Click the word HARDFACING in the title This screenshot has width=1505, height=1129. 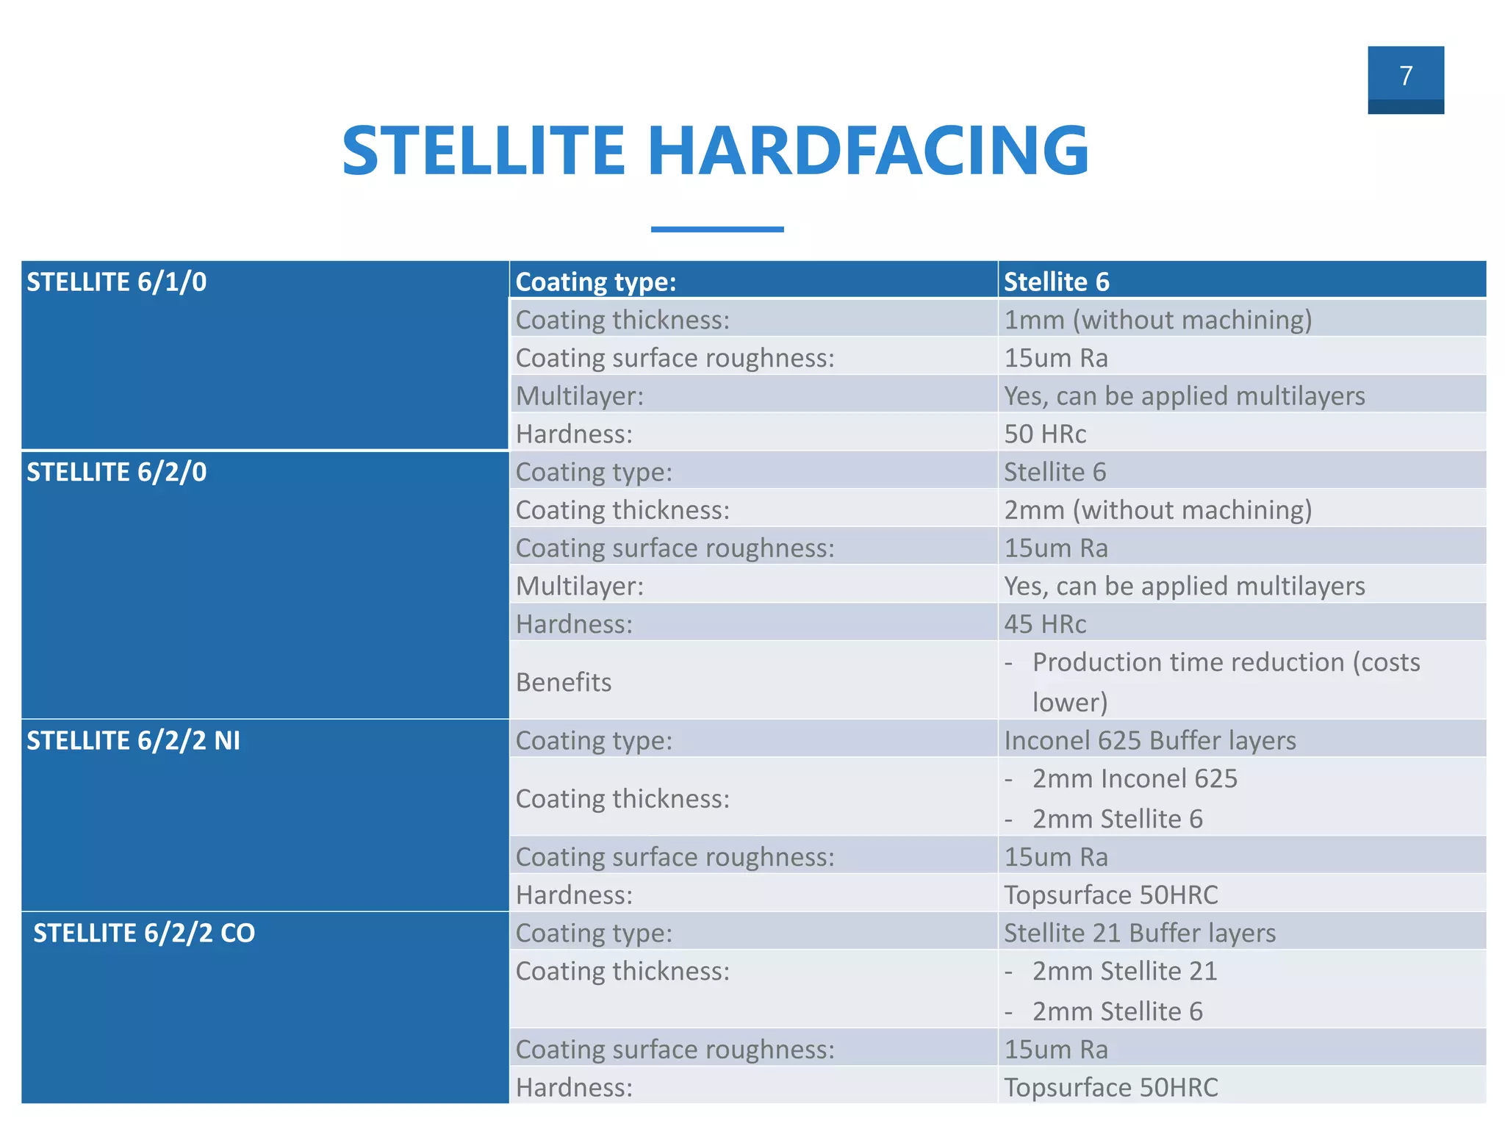867,151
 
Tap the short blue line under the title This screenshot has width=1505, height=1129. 716,229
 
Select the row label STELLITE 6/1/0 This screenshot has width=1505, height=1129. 117,282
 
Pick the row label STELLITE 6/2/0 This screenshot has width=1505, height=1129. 117,472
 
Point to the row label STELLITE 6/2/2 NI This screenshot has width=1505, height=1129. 133,740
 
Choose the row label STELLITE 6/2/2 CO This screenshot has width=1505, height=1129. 144,933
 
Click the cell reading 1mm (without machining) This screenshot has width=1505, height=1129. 1157,320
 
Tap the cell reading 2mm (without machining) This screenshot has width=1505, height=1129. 1157,510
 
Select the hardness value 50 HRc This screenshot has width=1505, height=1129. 1045,434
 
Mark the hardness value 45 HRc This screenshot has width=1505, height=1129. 1045,624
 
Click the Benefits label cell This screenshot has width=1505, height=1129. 564,682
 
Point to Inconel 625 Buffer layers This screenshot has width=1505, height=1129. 1149,740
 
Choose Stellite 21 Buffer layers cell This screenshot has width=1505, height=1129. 1140,933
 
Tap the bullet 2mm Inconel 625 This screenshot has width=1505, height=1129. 1135,778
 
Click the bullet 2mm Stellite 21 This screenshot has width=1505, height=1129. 1124,971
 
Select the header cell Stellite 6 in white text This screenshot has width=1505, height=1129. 1056,282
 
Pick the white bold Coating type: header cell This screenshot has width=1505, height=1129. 595,282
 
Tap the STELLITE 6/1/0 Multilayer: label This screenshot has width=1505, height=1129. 579,396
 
